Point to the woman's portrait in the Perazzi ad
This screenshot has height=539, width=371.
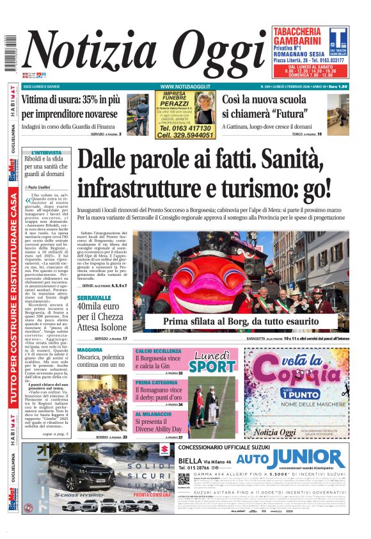click(205, 108)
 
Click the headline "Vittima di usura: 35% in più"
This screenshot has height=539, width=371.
click(70, 100)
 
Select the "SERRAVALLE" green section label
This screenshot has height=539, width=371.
click(94, 298)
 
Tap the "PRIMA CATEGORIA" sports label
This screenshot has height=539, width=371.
click(156, 383)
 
